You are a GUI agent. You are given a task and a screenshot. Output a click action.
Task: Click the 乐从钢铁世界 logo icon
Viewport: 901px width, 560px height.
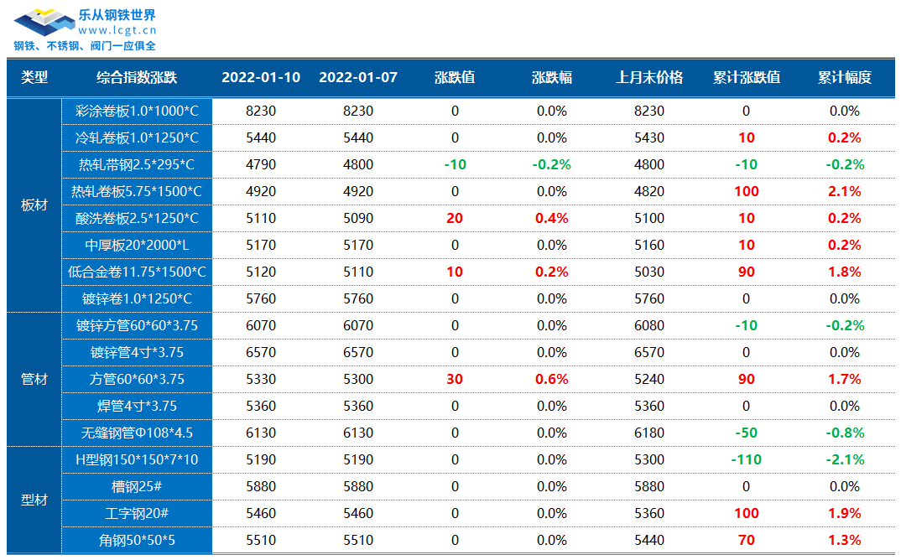pyautogui.click(x=44, y=23)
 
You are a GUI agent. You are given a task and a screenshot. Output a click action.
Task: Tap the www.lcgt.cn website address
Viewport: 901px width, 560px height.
pyautogui.click(x=117, y=30)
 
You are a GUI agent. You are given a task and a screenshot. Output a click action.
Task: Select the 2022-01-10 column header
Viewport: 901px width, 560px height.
pyautogui.click(x=261, y=77)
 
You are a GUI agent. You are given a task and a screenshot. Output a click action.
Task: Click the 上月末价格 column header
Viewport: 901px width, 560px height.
pyautogui.click(x=649, y=77)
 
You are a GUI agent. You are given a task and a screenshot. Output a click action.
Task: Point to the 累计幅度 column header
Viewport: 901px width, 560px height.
pyautogui.click(x=845, y=77)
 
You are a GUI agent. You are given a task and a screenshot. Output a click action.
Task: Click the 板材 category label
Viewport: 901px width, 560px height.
pyautogui.click(x=34, y=205)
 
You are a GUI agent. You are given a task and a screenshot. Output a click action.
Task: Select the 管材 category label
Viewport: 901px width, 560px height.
pyautogui.click(x=34, y=379)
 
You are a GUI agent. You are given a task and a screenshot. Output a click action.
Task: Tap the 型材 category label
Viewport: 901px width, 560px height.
pyautogui.click(x=34, y=500)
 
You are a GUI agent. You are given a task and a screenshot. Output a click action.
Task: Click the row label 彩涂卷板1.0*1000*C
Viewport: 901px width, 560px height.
pyautogui.click(x=137, y=111)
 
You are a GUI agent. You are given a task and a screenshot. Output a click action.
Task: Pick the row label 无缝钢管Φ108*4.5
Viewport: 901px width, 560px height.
pyautogui.click(x=137, y=433)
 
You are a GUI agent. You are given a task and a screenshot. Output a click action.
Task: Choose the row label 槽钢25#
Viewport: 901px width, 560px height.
pyautogui.click(x=137, y=486)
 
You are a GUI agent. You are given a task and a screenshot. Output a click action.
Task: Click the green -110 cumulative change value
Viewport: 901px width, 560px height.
pyautogui.click(x=746, y=459)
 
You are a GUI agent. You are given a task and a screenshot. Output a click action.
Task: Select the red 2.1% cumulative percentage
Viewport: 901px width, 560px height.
pyautogui.click(x=845, y=191)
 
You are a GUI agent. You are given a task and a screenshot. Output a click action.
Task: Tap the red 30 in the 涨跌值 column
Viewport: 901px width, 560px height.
pyautogui.click(x=455, y=379)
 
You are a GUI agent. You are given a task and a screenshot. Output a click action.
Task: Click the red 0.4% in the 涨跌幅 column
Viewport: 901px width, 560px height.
pyautogui.click(x=552, y=218)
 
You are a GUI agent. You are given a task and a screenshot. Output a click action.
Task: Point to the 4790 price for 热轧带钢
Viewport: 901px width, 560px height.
pyautogui.click(x=261, y=165)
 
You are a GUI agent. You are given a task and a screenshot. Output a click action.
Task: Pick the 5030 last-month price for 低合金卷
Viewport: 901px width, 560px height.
pyautogui.click(x=649, y=272)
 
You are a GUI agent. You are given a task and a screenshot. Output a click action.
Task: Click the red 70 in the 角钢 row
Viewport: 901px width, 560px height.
pyautogui.click(x=746, y=540)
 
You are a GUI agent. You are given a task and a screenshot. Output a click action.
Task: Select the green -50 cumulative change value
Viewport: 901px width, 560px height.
pyautogui.click(x=746, y=433)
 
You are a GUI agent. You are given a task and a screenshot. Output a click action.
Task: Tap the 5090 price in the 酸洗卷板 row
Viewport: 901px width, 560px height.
pyautogui.click(x=358, y=218)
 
